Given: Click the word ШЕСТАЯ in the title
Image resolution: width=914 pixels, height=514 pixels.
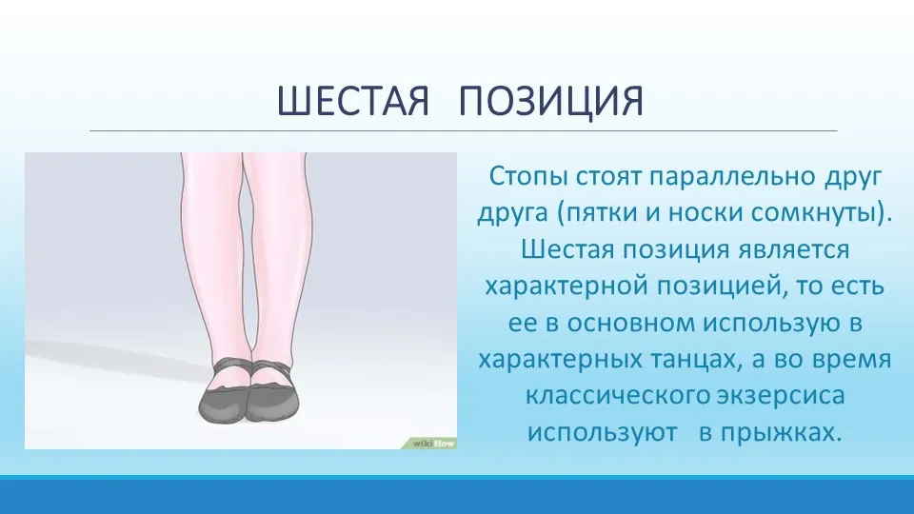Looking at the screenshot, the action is tap(352, 101).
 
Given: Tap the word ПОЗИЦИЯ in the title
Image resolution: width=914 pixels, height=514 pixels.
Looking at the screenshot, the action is tap(551, 102).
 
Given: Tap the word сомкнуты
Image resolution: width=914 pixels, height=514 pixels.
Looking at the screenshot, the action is tap(814, 212).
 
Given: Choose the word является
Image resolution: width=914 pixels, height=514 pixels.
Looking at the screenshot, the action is tap(794, 250).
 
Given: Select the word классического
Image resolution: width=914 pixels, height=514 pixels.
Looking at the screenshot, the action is tap(617, 396).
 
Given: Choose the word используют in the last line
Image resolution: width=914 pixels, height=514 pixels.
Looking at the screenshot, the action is tap(603, 433).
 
